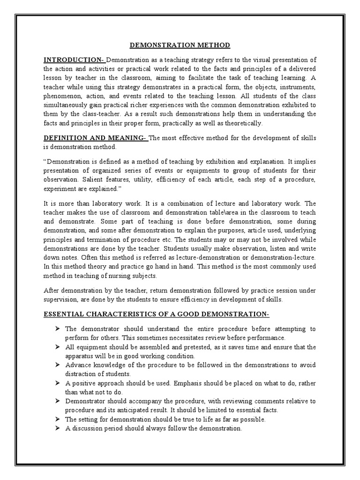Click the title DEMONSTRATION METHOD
click(x=180, y=45)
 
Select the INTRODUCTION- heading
click(x=74, y=60)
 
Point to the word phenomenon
click(x=63, y=96)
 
